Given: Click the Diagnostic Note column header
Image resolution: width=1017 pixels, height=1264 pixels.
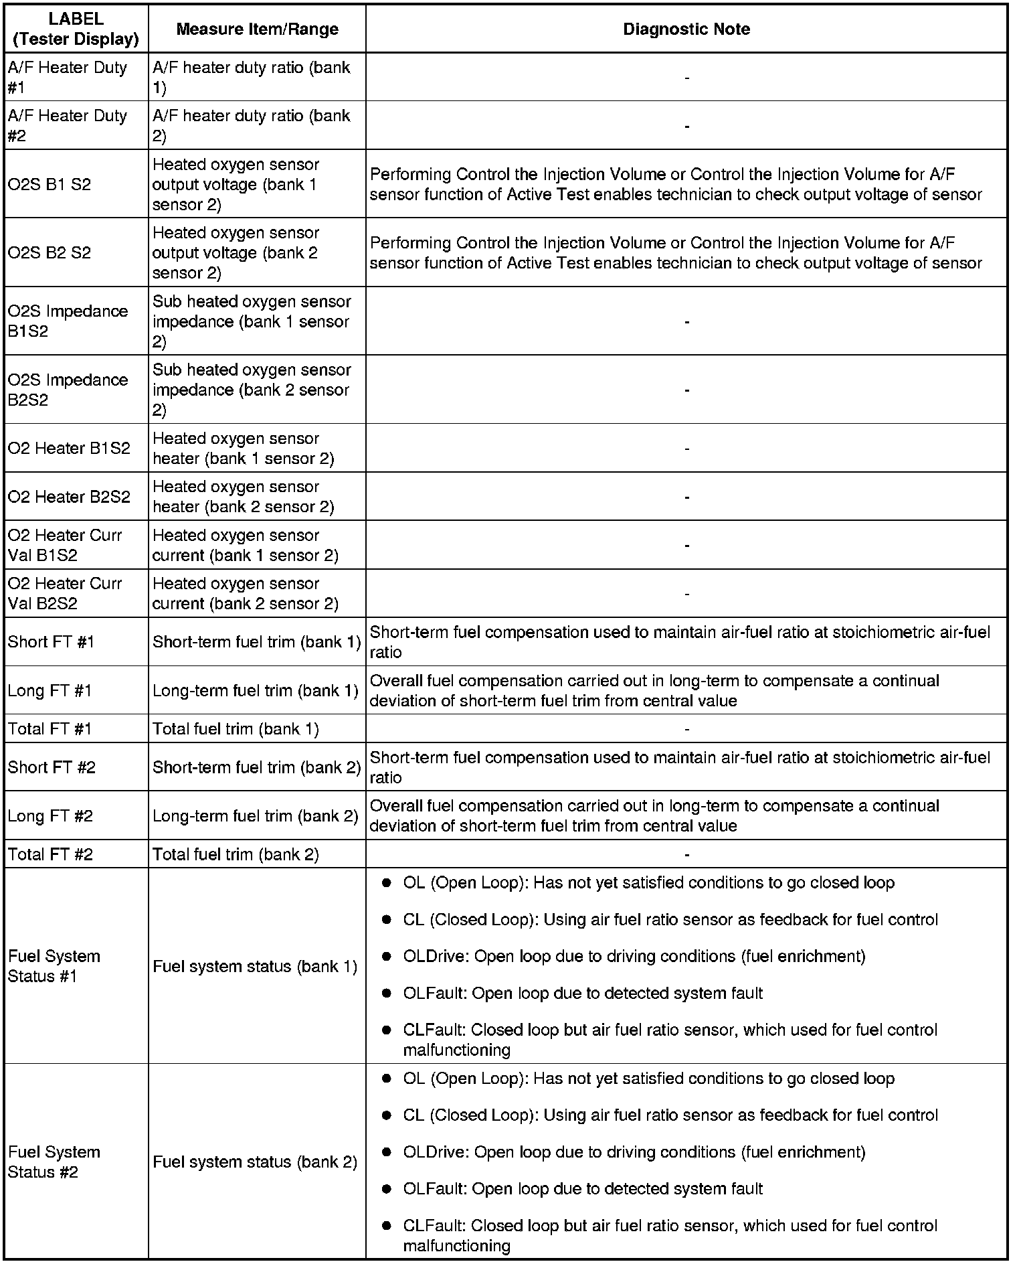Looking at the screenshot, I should click(x=686, y=29).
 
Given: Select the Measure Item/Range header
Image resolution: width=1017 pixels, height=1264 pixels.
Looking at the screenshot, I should click(x=257, y=29).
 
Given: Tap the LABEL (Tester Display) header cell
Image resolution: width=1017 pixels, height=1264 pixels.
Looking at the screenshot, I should click(x=76, y=29).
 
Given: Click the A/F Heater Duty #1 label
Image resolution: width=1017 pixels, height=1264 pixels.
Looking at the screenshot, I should click(x=67, y=77).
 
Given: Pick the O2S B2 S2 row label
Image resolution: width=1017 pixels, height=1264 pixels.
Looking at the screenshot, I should click(x=49, y=252).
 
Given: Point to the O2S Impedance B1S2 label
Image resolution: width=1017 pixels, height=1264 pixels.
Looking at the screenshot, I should click(x=68, y=321).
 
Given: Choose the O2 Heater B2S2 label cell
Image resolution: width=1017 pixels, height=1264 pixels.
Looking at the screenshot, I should click(x=68, y=496).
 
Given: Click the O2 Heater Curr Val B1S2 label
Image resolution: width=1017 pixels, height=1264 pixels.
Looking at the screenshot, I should click(x=65, y=545).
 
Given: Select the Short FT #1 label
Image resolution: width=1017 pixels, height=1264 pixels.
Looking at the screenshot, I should click(x=51, y=641).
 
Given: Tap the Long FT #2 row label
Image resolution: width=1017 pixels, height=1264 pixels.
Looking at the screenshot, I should click(x=50, y=815).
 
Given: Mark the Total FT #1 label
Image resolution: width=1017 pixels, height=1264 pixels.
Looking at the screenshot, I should click(x=50, y=728).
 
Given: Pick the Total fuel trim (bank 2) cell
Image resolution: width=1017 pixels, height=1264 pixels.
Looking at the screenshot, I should click(x=236, y=854).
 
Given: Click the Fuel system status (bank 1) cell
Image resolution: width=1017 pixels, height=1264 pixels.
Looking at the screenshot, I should click(x=255, y=966).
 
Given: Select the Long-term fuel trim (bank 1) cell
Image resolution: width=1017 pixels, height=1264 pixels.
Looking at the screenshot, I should click(x=255, y=690).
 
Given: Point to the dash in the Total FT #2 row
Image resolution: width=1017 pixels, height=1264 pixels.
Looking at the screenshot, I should click(x=686, y=854).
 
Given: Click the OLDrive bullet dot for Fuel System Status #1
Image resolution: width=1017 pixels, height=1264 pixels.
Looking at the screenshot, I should click(x=386, y=957).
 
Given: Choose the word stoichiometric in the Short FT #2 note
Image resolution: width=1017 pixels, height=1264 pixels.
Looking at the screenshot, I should click(x=887, y=757).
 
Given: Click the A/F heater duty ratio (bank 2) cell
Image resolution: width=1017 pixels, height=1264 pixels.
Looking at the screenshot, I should click(x=251, y=125).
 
